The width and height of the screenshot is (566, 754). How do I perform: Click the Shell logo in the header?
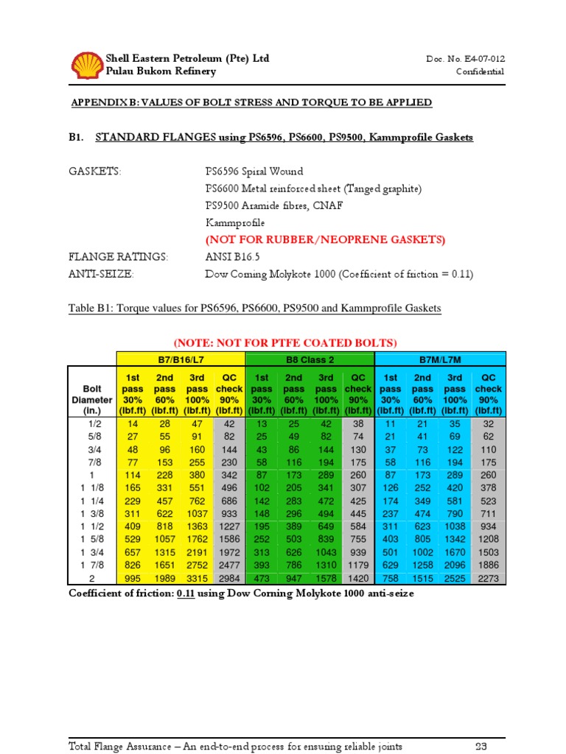86,64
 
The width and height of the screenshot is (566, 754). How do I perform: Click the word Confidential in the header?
480,72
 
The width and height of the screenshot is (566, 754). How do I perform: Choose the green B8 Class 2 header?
310,359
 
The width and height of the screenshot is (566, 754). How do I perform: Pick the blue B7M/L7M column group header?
440,359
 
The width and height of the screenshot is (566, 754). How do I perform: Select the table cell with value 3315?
197,579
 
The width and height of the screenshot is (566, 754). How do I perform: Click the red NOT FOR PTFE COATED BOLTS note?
284,342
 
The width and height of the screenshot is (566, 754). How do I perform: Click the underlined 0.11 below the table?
184,593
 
